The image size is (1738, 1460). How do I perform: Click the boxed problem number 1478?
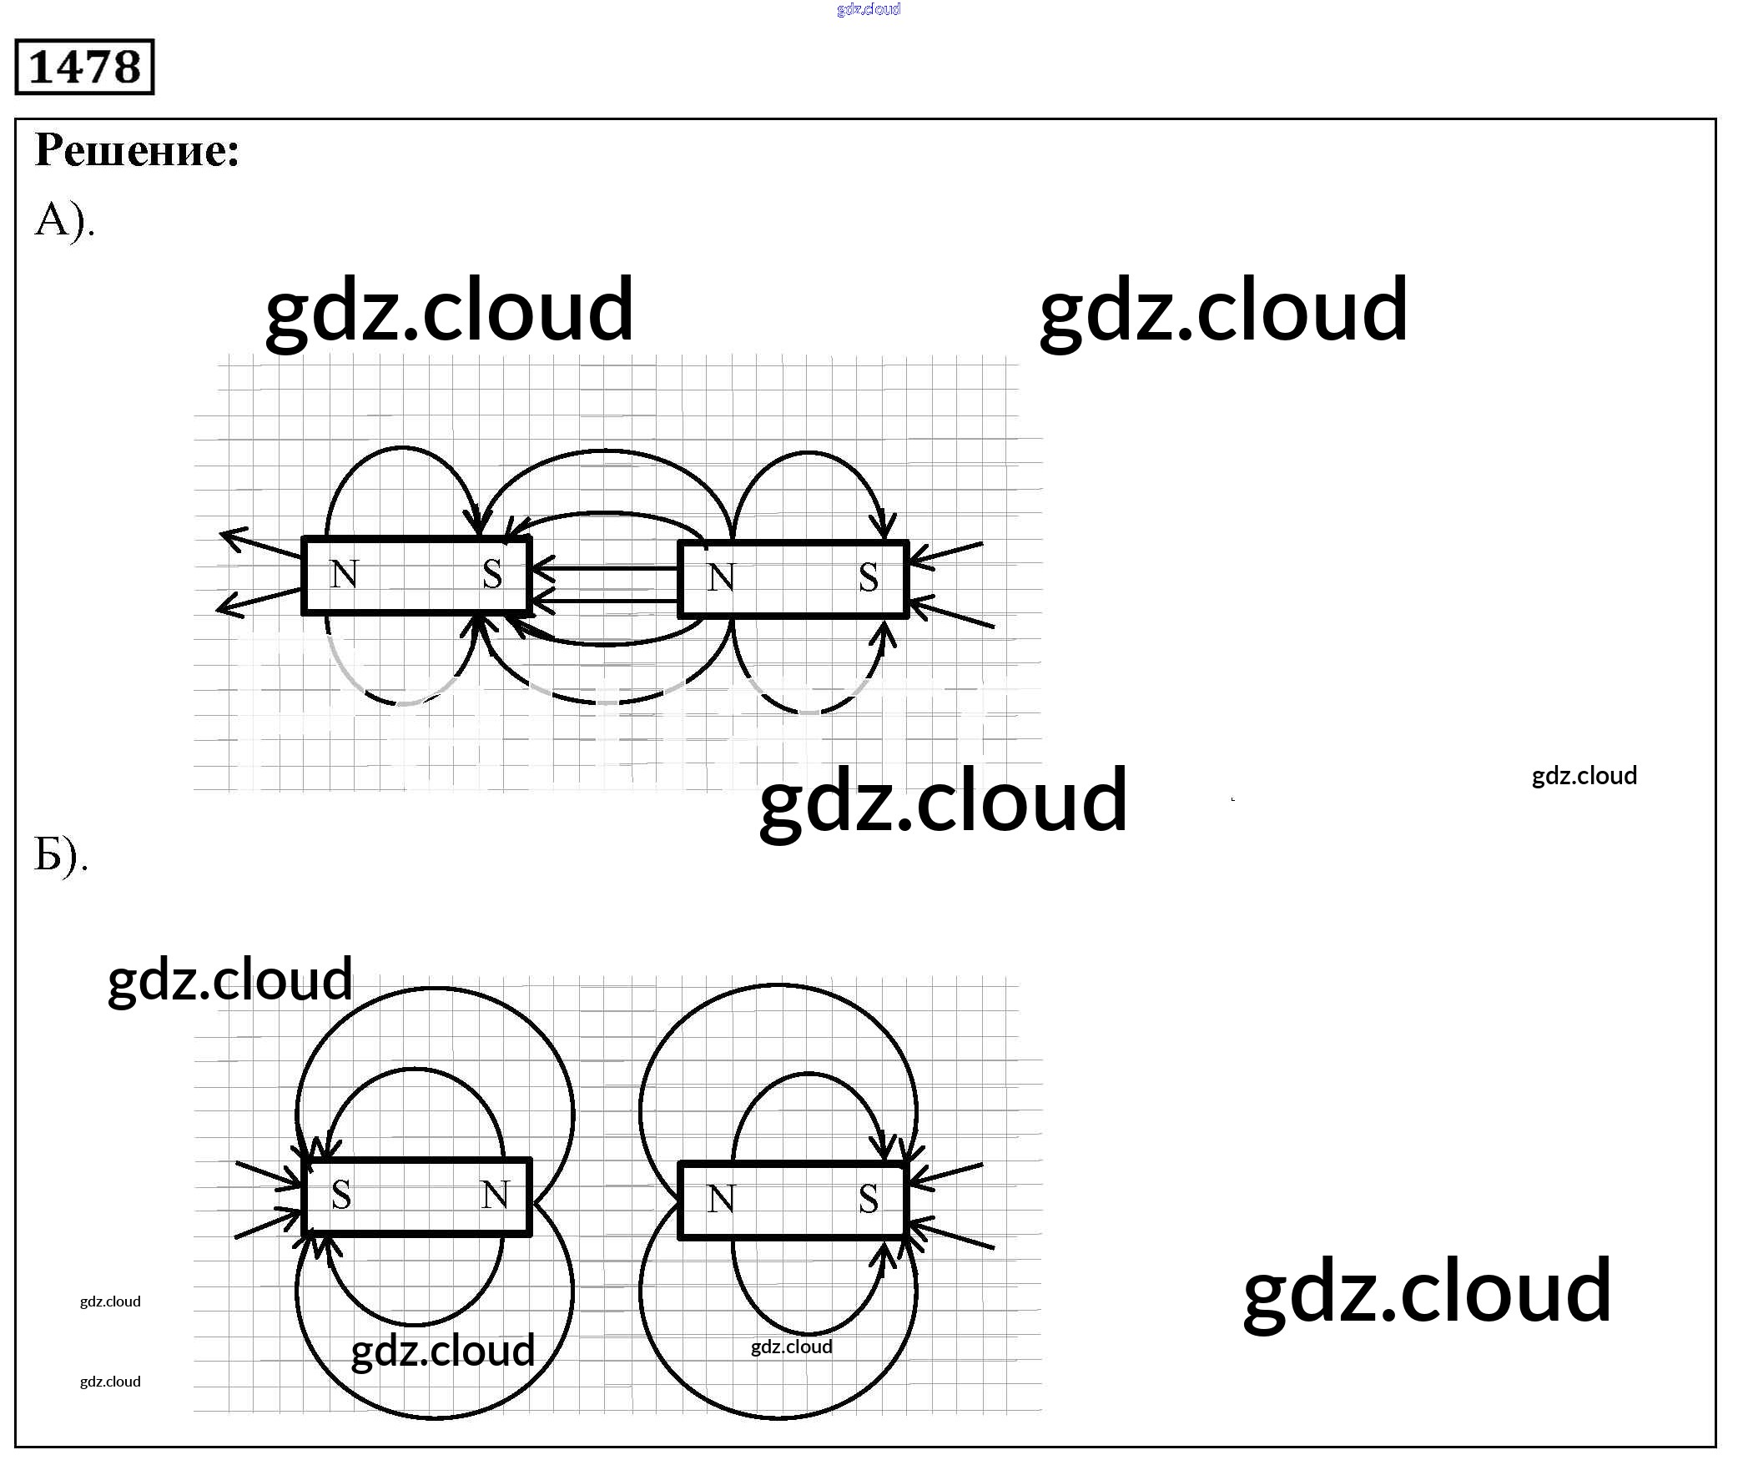pyautogui.click(x=84, y=67)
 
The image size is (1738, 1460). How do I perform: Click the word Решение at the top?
pyautogui.click(x=137, y=151)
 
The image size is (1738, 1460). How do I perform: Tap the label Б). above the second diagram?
pyautogui.click(x=61, y=854)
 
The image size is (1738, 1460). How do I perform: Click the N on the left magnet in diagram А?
pyautogui.click(x=345, y=574)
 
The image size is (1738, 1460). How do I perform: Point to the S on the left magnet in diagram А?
pyautogui.click(x=492, y=574)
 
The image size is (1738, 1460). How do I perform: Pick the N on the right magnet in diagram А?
pyautogui.click(x=722, y=577)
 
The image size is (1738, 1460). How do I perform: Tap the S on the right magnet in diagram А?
pyautogui.click(x=869, y=577)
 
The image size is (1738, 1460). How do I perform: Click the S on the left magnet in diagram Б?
pyautogui.click(x=341, y=1195)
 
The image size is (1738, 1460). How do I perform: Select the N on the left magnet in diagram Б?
pyautogui.click(x=496, y=1195)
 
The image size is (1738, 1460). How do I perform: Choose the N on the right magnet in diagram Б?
pyautogui.click(x=722, y=1199)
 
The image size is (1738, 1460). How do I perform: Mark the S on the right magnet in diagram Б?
pyautogui.click(x=869, y=1199)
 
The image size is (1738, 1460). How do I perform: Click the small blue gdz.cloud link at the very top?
pyautogui.click(x=869, y=9)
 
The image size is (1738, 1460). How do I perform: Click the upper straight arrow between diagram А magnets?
pyautogui.click(x=605, y=570)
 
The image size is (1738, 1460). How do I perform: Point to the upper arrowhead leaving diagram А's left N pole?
pyautogui.click(x=234, y=538)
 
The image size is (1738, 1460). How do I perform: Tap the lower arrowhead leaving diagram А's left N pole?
pyautogui.click(x=229, y=605)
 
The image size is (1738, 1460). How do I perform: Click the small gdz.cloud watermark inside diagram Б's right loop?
pyautogui.click(x=792, y=1347)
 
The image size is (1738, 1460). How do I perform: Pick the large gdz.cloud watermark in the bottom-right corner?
pyautogui.click(x=1427, y=1291)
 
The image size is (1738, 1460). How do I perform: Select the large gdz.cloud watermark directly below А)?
pyautogui.click(x=449, y=310)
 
